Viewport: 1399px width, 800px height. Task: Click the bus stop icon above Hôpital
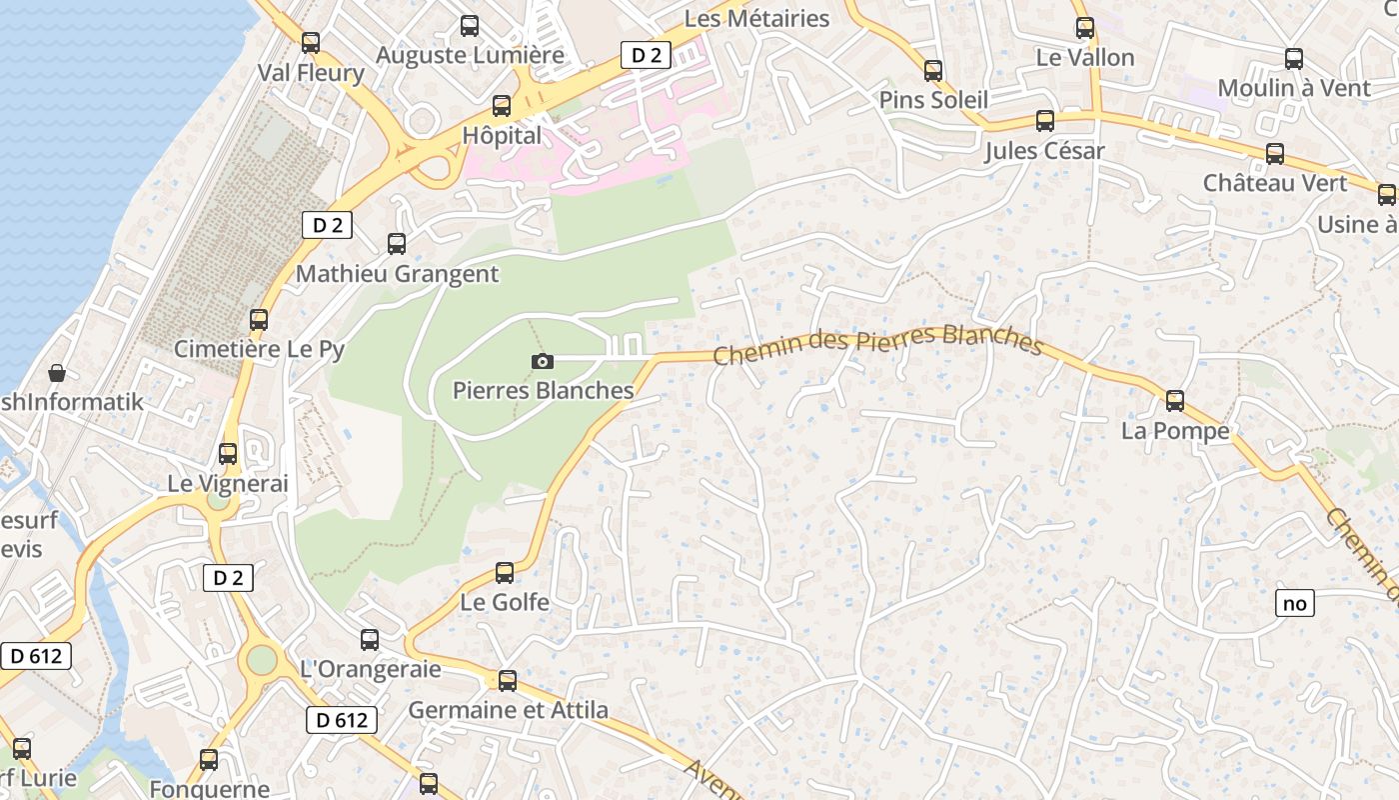(x=502, y=105)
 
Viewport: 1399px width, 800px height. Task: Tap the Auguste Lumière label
(x=470, y=56)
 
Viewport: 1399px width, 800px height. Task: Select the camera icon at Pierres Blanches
(x=543, y=361)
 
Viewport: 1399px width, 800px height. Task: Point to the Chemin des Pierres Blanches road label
(x=878, y=345)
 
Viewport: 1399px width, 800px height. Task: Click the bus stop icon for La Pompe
(x=1175, y=401)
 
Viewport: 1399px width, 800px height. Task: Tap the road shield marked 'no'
(x=1294, y=603)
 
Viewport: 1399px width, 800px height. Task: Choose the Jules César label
(x=1044, y=151)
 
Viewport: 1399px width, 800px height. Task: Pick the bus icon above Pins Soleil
(x=933, y=71)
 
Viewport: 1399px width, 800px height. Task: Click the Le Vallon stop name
(x=1085, y=58)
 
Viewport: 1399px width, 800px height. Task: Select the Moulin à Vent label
(x=1294, y=88)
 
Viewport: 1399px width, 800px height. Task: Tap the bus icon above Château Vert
(x=1275, y=154)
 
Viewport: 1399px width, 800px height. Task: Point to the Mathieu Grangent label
(x=397, y=274)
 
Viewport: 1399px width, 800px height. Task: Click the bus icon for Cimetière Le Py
(x=259, y=320)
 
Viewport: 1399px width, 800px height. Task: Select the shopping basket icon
(x=57, y=373)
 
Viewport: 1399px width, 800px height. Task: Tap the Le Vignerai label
(x=227, y=484)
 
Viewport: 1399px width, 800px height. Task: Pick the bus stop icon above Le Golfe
(x=505, y=573)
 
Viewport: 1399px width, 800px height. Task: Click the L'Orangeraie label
(x=370, y=669)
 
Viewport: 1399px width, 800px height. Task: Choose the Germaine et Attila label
(x=508, y=711)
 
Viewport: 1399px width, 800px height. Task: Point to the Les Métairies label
(x=756, y=19)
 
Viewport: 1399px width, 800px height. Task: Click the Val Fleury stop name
(x=311, y=73)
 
